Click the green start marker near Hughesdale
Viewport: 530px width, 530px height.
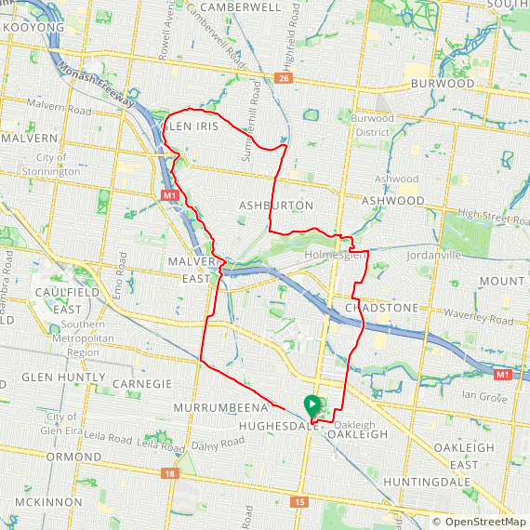[312, 404]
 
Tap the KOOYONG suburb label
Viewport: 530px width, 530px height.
[34, 28]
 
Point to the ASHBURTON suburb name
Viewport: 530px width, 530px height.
[276, 205]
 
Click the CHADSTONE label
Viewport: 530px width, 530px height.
[381, 308]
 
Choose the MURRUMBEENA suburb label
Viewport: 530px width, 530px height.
[220, 408]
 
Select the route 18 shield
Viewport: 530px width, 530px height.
[168, 473]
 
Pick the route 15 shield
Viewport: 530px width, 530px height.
[298, 502]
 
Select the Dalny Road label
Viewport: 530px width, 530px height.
[219, 446]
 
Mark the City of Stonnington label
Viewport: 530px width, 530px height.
[58, 166]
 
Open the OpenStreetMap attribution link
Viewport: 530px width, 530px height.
[479, 522]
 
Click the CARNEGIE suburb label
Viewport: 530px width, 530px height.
[141, 383]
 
